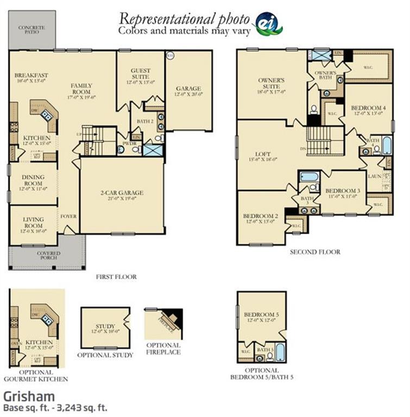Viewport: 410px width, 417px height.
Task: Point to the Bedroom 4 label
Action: [368, 108]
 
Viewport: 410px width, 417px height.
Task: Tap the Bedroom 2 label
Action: [261, 216]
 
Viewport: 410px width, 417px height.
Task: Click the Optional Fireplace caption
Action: [163, 348]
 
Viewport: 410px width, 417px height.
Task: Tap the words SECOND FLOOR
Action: [315, 252]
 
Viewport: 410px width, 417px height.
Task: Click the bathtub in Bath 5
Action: [279, 352]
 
